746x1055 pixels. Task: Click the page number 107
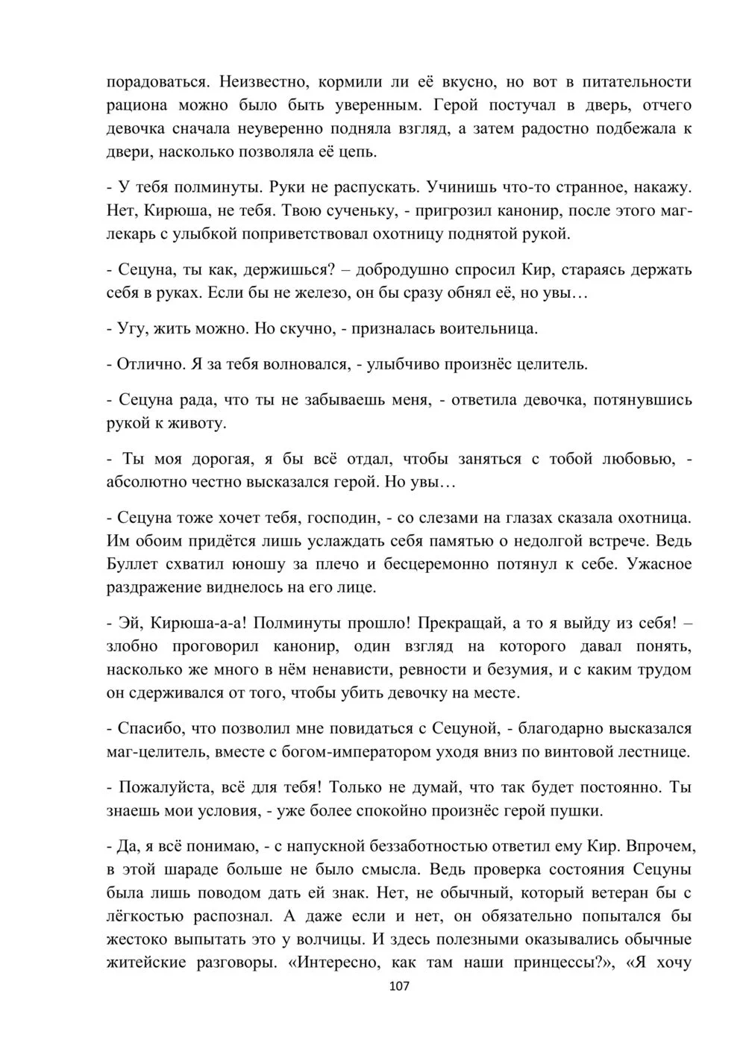(400, 986)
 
